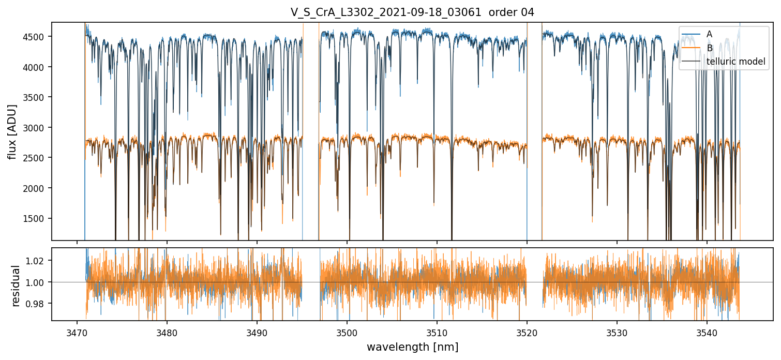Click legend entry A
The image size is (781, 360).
[709, 34]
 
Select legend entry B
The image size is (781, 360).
[709, 48]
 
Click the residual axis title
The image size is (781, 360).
[16, 286]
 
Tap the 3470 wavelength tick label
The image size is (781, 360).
[77, 331]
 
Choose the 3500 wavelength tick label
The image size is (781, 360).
[347, 331]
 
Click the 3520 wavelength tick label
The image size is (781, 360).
[527, 331]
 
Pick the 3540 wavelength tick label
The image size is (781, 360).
[707, 331]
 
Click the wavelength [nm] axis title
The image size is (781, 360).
[412, 347]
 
